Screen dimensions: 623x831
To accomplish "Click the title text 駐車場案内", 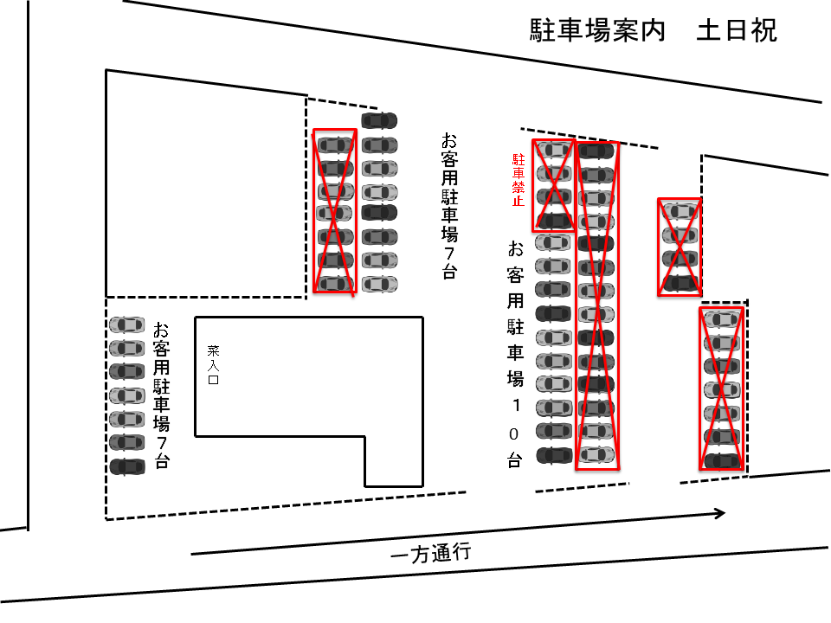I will (597, 31).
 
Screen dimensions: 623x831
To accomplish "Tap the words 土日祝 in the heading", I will (737, 31).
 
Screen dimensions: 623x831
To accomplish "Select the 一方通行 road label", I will (430, 555).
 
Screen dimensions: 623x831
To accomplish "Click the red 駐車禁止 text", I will (519, 180).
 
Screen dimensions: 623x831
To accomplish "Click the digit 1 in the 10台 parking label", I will (515, 405).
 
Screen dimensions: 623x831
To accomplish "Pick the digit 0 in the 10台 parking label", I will (515, 433).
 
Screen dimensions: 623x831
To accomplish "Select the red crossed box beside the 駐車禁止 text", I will (554, 185).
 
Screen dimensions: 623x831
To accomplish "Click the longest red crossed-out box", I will (597, 305).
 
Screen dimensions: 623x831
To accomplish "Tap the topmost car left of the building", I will (127, 324).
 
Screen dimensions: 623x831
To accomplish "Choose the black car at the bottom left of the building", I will (127, 466).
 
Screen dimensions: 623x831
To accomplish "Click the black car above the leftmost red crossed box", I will (379, 119).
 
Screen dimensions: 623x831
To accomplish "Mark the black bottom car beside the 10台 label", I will (554, 454).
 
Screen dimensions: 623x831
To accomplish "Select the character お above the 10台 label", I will (515, 250).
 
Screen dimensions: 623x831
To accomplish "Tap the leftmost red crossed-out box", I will (334, 212).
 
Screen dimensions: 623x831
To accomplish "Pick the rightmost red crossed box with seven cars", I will (722, 389).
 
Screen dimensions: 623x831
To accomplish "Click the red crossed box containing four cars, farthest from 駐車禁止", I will (680, 247).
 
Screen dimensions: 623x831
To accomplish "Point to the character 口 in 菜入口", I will (213, 379).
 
